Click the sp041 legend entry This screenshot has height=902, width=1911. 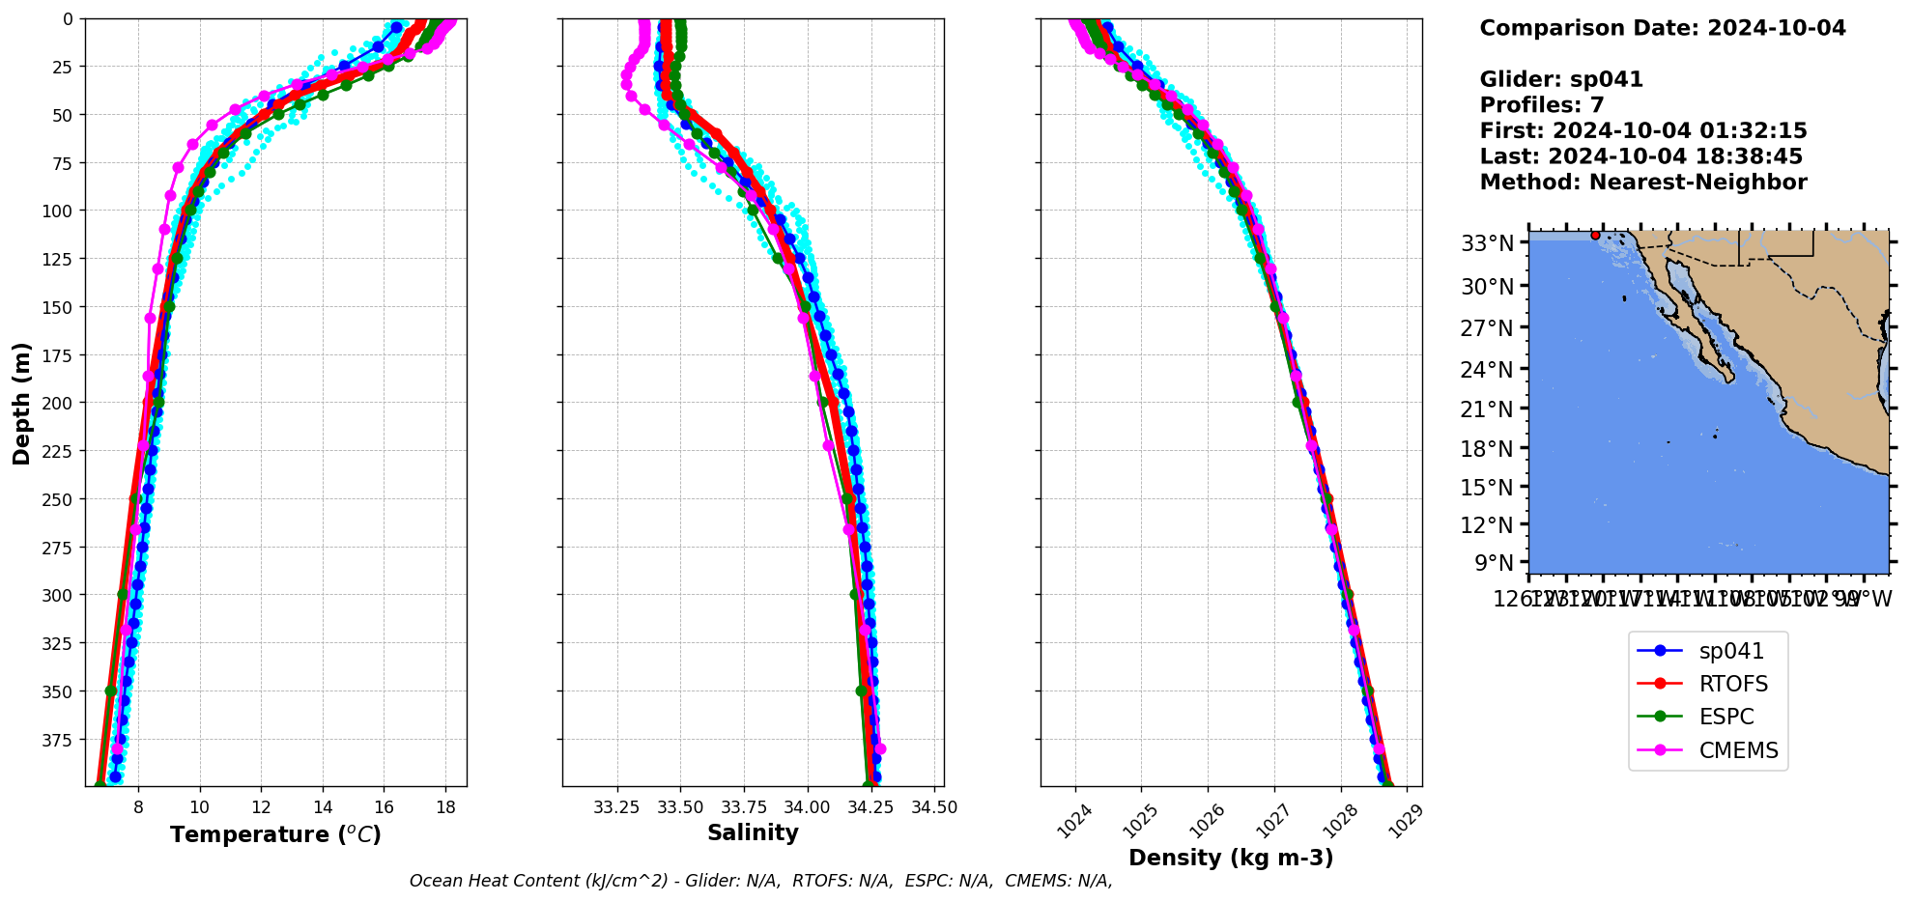[x=1730, y=652]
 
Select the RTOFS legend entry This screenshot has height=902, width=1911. [x=1732, y=685]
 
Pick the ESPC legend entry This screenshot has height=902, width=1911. [x=1726, y=718]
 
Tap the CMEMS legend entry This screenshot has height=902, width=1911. [x=1737, y=750]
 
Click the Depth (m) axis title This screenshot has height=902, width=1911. [x=21, y=403]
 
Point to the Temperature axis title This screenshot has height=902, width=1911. [x=275, y=834]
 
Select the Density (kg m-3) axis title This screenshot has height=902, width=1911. [x=1230, y=858]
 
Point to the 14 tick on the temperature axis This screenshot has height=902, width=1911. [x=323, y=807]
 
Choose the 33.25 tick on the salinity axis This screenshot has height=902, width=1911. [x=616, y=807]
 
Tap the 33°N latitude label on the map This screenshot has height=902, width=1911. [x=1487, y=243]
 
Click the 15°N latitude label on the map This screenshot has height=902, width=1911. [x=1487, y=488]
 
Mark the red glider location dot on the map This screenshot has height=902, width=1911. [x=1595, y=235]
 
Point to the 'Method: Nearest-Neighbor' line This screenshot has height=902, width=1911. [x=1642, y=183]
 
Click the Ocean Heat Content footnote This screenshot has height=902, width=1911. [x=760, y=881]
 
